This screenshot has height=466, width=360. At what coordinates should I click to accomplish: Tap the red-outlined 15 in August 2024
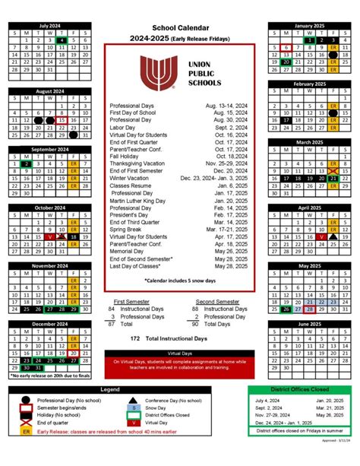coord(62,120)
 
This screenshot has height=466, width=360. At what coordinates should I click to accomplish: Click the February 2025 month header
coord(310,83)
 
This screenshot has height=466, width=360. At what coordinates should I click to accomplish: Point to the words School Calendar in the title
coord(179,27)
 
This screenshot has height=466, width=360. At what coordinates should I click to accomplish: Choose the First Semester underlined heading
coord(127,302)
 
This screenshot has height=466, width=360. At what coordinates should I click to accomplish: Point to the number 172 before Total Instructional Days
coord(135,337)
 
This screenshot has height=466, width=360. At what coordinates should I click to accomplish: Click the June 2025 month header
coord(310,323)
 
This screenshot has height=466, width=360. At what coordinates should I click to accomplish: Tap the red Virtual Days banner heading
coord(179,353)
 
